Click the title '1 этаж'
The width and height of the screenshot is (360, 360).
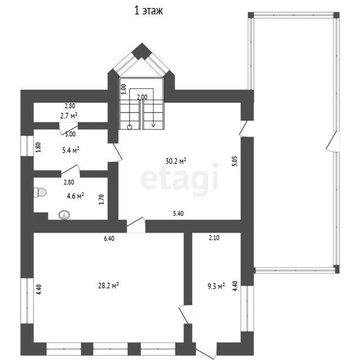[148, 11]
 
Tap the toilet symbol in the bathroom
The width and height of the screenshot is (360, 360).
[40, 192]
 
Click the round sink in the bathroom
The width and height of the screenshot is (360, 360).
[64, 215]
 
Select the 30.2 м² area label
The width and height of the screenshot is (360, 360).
[175, 161]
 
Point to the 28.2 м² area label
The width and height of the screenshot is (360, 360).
[109, 286]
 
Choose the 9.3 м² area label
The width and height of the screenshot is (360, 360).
[216, 286]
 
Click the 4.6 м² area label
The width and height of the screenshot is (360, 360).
[75, 196]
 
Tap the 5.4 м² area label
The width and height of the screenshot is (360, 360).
[71, 150]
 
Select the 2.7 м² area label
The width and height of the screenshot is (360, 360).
[69, 116]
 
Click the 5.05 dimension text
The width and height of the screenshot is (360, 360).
[235, 161]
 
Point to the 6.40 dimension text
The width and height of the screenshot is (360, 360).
[109, 238]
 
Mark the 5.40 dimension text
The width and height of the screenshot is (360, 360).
[178, 214]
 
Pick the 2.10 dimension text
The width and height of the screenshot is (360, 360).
[214, 238]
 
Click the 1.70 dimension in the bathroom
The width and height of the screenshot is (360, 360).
[101, 199]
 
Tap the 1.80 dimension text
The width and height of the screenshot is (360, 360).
[38, 147]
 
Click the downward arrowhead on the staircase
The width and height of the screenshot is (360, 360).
[154, 125]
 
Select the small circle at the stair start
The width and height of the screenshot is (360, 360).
[130, 127]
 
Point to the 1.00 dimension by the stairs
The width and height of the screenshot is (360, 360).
[124, 89]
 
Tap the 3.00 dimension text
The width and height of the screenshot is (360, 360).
[70, 134]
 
